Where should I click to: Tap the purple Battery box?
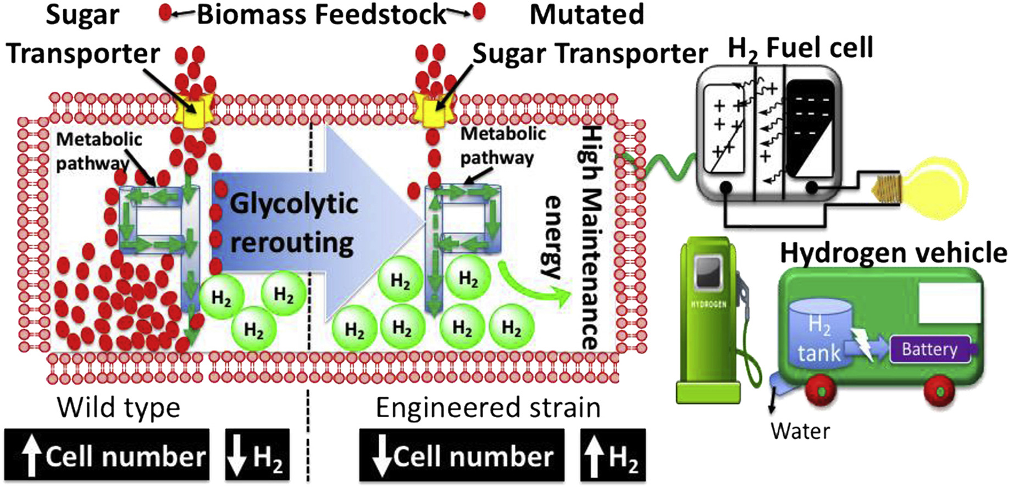[x=930, y=349]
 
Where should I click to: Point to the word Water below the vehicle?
[x=800, y=431]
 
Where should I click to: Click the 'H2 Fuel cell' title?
[x=800, y=48]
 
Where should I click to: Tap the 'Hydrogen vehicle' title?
[x=893, y=253]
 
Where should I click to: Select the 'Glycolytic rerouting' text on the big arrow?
[x=292, y=223]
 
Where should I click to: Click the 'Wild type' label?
[x=118, y=408]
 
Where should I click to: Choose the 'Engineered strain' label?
[x=488, y=408]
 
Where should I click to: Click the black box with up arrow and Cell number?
[x=107, y=456]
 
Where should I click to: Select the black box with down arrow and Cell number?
[x=462, y=456]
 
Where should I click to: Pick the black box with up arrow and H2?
[x=613, y=456]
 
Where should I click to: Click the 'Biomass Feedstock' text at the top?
[x=321, y=14]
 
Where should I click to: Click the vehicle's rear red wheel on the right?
[x=939, y=390]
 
